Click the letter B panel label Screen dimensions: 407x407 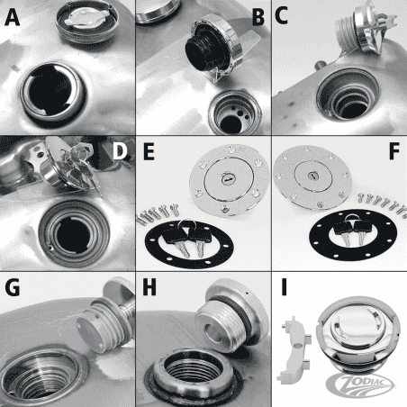(x=258, y=17)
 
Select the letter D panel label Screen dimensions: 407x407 (x=122, y=149)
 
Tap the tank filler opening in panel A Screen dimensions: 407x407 (x=50, y=91)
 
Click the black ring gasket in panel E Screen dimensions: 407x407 (x=179, y=236)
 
